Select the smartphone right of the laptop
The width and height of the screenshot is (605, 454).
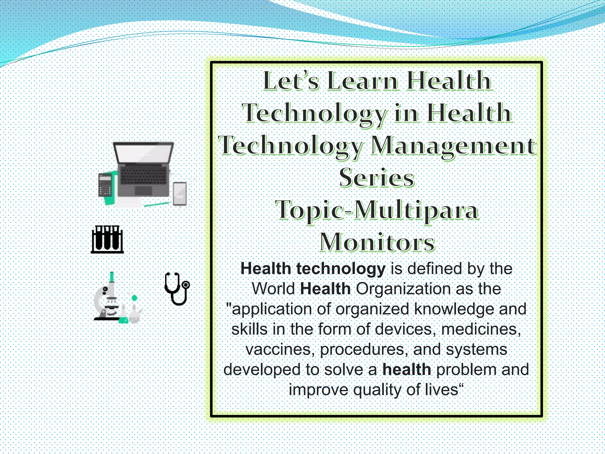[x=180, y=194]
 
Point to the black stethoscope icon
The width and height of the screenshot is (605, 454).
[x=177, y=288]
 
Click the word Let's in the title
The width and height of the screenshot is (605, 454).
[x=291, y=81]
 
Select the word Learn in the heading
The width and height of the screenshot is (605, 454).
[x=363, y=81]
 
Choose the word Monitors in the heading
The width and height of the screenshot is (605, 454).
[x=377, y=242]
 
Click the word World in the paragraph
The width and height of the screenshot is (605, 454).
[x=273, y=289]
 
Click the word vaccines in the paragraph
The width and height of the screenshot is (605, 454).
[x=279, y=349]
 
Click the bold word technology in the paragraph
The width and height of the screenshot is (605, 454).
[x=341, y=269]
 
